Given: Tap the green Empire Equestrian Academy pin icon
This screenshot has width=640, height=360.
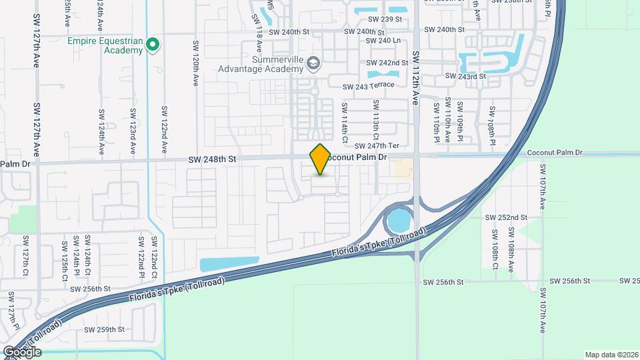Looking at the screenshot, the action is (x=153, y=45).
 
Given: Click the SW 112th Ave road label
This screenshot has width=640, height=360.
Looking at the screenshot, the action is (x=415, y=79).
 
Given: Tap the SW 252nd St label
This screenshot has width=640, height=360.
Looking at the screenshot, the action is (x=506, y=218).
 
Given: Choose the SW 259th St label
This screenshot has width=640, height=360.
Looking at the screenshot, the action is (x=105, y=329).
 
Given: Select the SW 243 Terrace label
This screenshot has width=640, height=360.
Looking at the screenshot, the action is (x=369, y=87).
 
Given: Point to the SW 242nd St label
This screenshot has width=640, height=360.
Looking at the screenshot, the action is (x=388, y=63).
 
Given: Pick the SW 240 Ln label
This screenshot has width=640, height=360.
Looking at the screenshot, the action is (x=383, y=41).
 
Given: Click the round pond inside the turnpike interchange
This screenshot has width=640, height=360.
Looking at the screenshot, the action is (x=399, y=219).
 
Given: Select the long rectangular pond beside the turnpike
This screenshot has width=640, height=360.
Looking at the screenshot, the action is (x=229, y=264).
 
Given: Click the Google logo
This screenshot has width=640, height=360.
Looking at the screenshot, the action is (x=23, y=352).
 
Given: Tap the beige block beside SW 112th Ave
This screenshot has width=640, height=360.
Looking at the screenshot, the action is (x=403, y=167).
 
